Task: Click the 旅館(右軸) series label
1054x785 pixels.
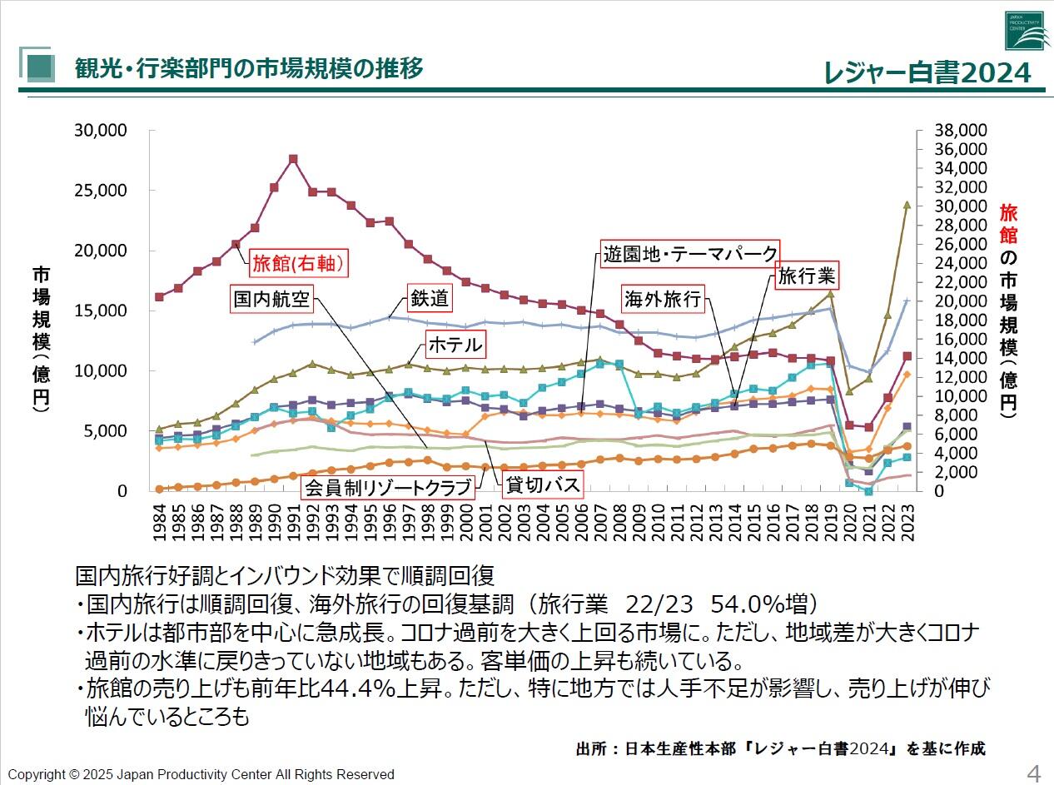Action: tap(297, 263)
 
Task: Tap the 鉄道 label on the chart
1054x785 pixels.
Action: tap(429, 298)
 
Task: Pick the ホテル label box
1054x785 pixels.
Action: tap(455, 345)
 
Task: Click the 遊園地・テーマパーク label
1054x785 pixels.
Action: tap(690, 253)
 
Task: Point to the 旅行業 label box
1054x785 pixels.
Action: tap(805, 276)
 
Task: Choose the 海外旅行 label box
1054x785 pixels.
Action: tap(663, 299)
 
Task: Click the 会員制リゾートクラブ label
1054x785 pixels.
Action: tap(389, 486)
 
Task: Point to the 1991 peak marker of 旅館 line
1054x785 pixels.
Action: tap(293, 158)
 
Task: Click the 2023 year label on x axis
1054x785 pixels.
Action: tap(907, 521)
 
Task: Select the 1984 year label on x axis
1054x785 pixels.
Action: tap(159, 521)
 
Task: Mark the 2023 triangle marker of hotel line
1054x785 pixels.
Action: tap(907, 204)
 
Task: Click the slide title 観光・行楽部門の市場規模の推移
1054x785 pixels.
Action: tap(249, 67)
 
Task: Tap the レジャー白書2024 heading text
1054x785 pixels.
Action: tap(927, 73)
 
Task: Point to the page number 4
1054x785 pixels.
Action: tap(1034, 773)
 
